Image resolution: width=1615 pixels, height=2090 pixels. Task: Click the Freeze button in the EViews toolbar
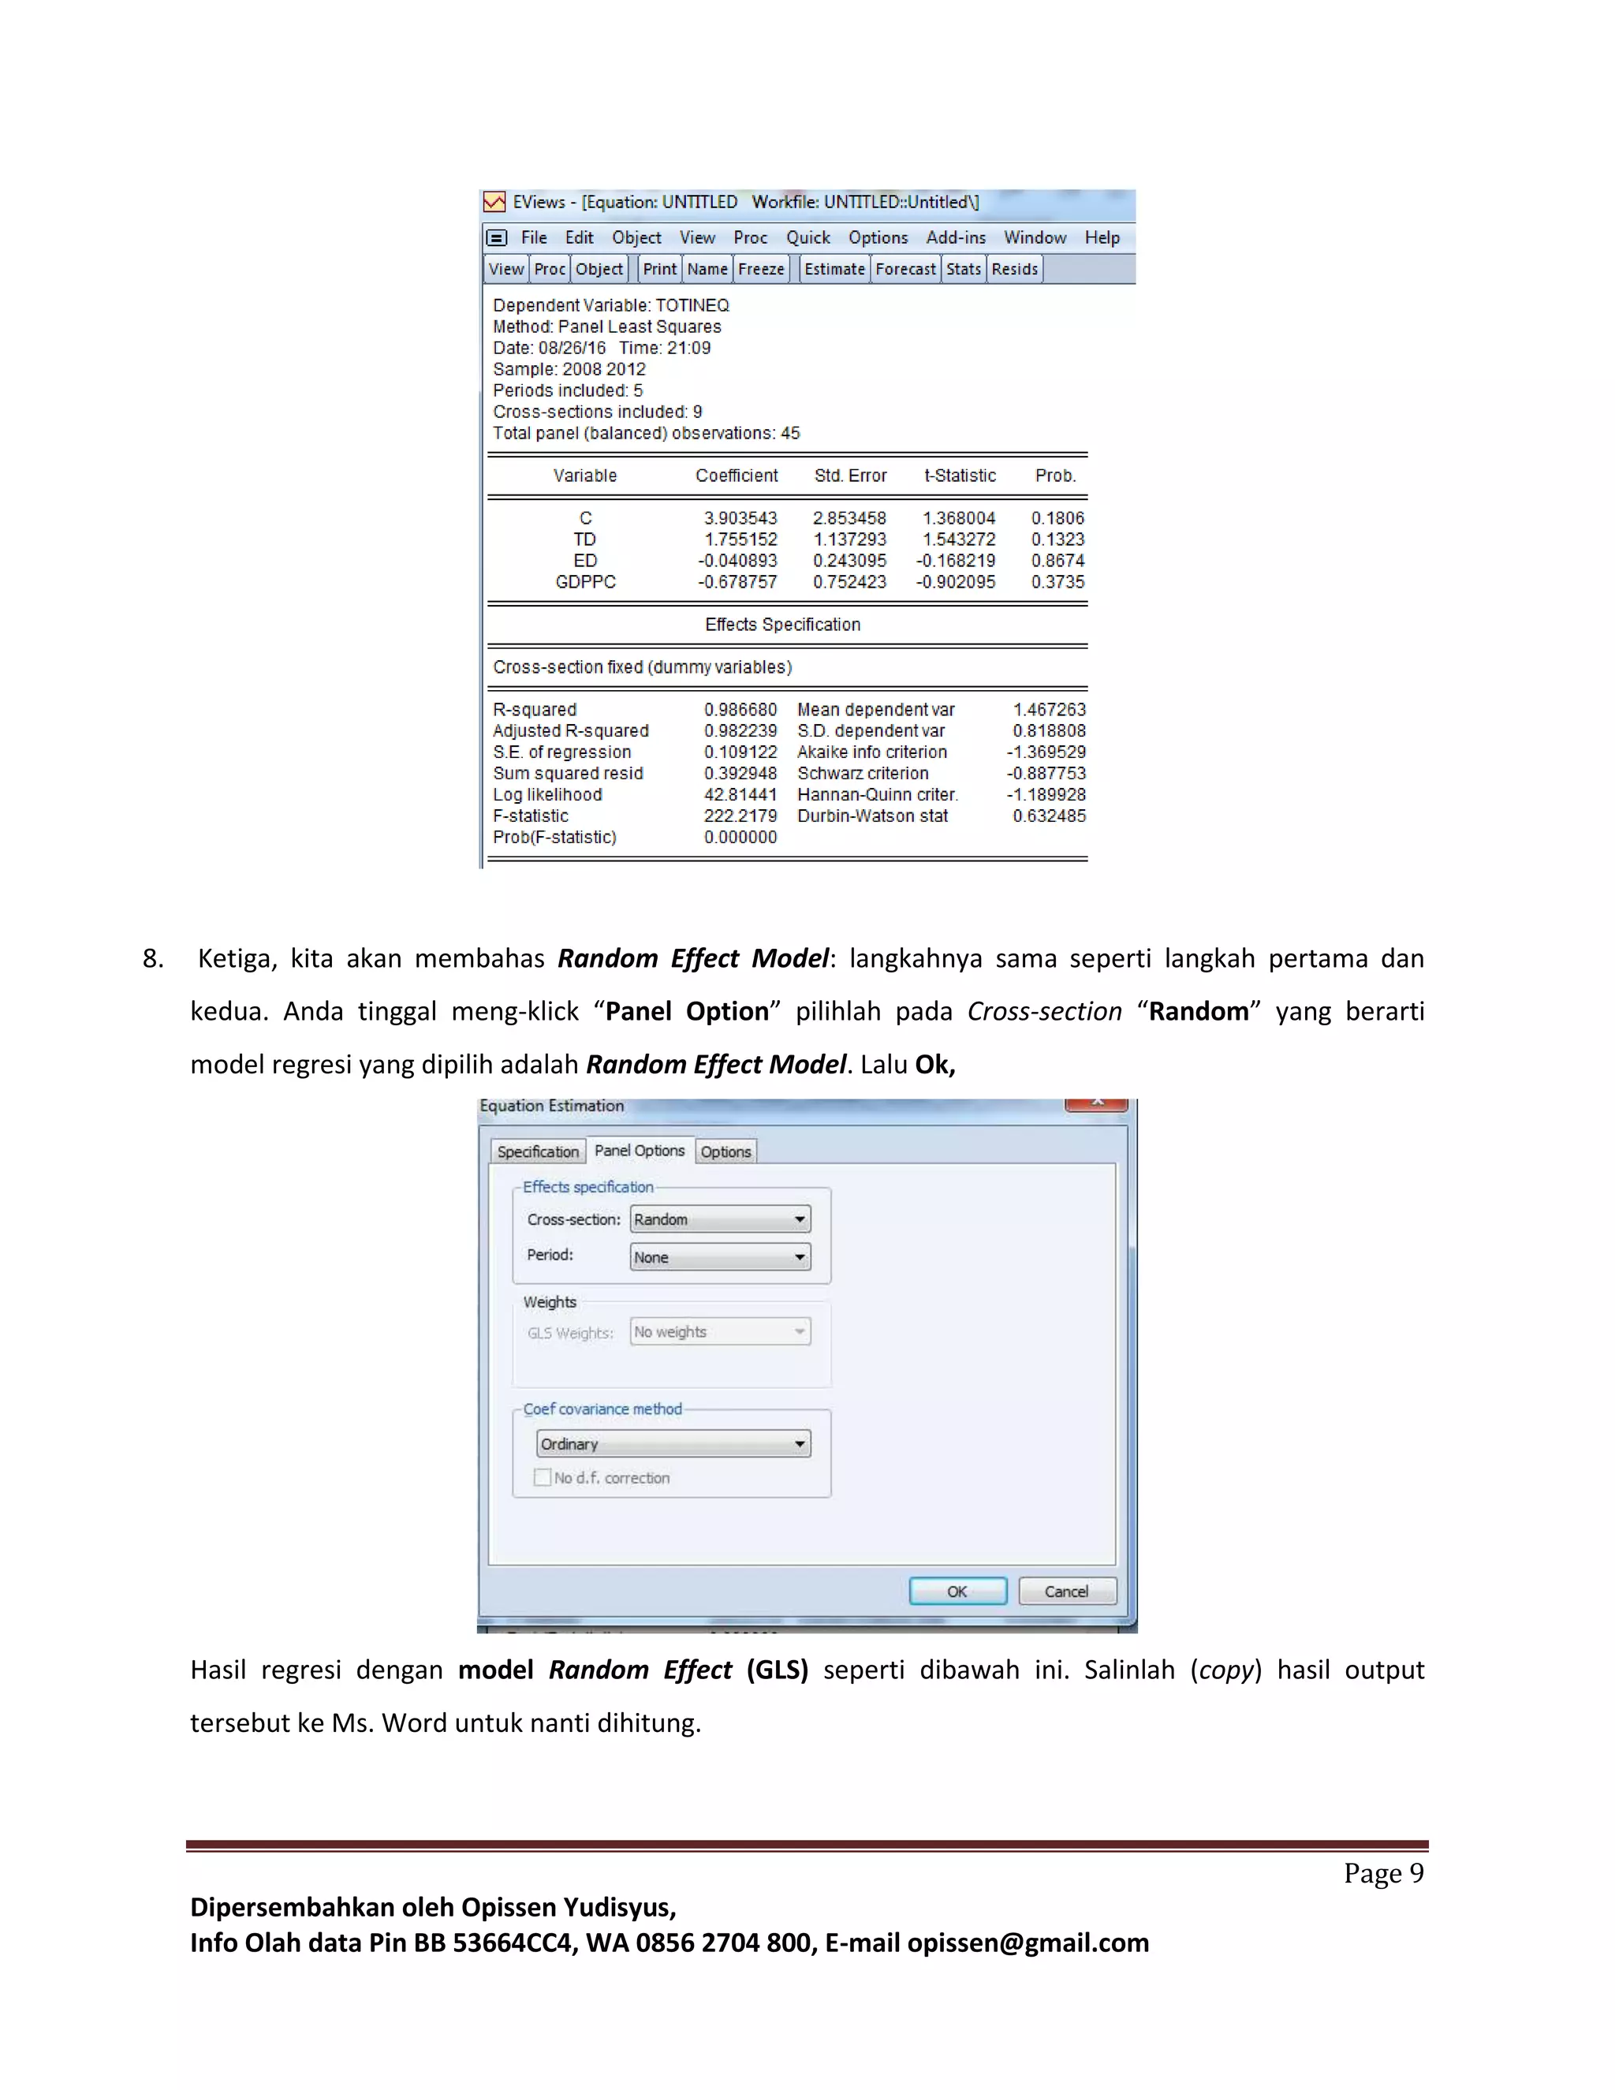[761, 269]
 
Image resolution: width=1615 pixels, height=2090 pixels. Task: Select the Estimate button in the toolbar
[834, 269]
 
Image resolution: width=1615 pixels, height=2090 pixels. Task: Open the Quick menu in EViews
[807, 237]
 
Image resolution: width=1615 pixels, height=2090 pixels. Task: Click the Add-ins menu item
[955, 237]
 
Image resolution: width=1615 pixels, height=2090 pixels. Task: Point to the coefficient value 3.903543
[740, 517]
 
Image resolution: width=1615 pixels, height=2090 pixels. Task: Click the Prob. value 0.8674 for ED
[1057, 561]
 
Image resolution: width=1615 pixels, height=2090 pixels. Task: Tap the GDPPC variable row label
[586, 582]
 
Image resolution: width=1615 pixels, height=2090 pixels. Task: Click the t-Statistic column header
[960, 476]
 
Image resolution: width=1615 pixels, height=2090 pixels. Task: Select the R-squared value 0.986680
[740, 709]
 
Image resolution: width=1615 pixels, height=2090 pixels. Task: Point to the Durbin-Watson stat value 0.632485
[1050, 815]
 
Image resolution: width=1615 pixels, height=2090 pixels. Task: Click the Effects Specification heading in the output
[782, 624]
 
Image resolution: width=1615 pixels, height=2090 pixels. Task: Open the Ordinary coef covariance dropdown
[673, 1443]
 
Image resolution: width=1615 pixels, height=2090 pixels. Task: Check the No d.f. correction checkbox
[543, 1477]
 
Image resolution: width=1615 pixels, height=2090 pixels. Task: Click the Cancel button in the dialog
[1067, 1592]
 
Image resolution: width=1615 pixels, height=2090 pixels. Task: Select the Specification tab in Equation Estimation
[538, 1151]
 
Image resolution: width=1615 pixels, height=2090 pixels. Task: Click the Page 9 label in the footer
[1382, 1873]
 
